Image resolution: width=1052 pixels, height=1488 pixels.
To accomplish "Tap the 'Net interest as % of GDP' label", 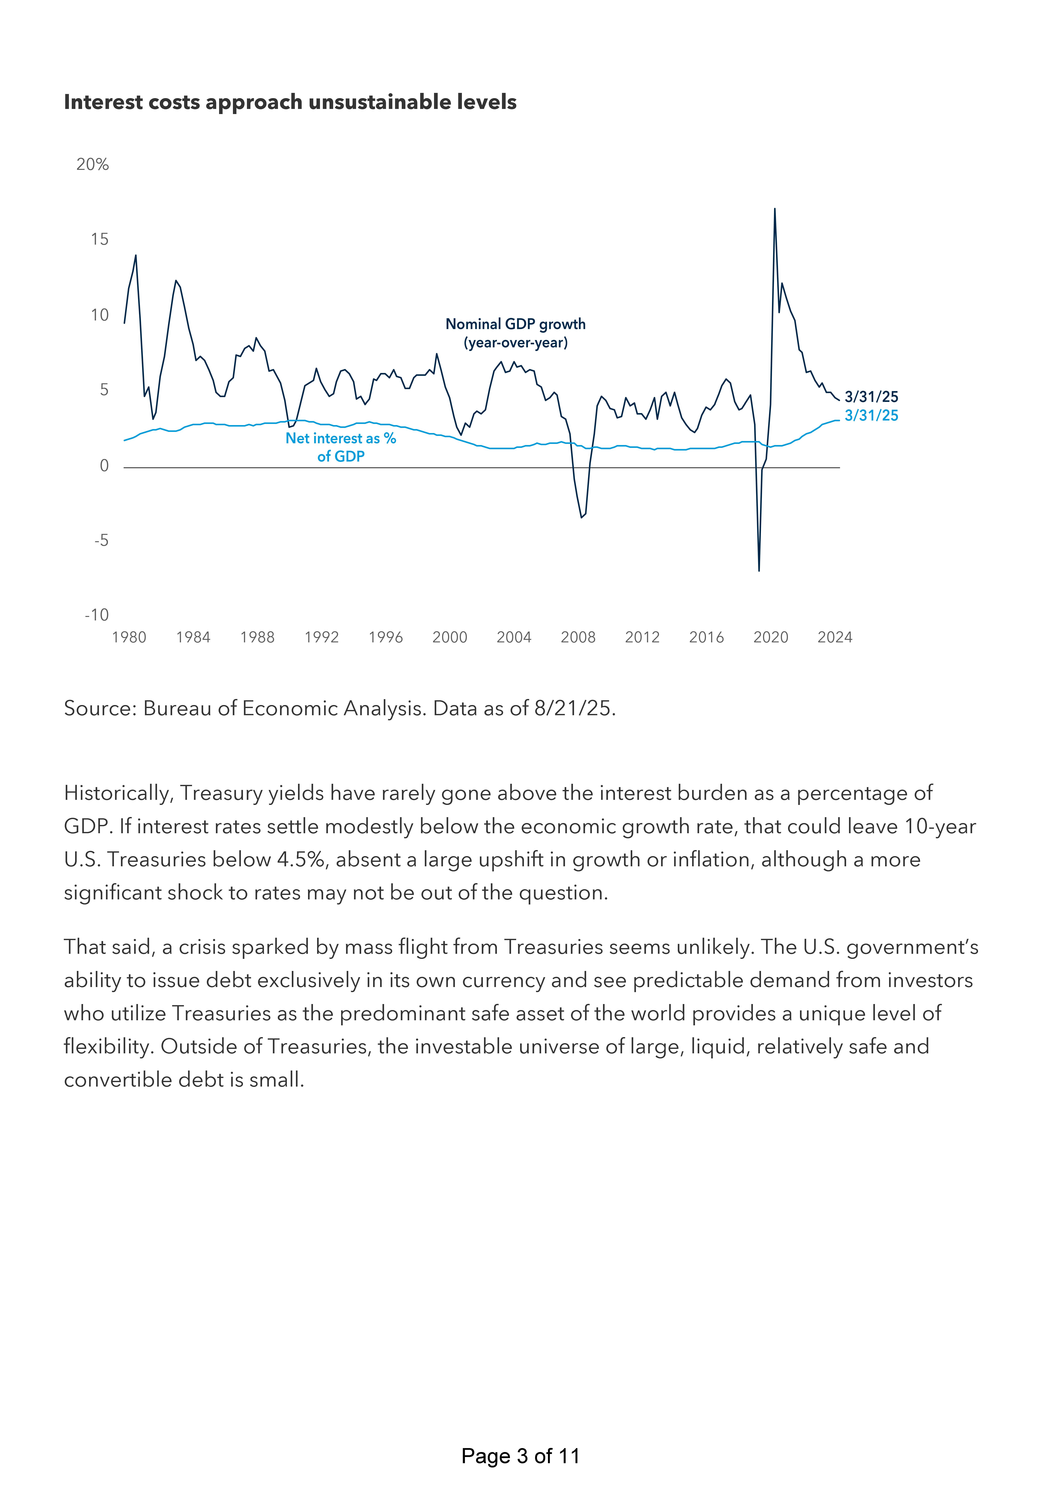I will (x=341, y=447).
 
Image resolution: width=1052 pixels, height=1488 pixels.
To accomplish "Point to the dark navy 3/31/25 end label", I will (x=871, y=397).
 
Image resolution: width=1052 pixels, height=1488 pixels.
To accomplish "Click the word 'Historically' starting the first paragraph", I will (x=119, y=793).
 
